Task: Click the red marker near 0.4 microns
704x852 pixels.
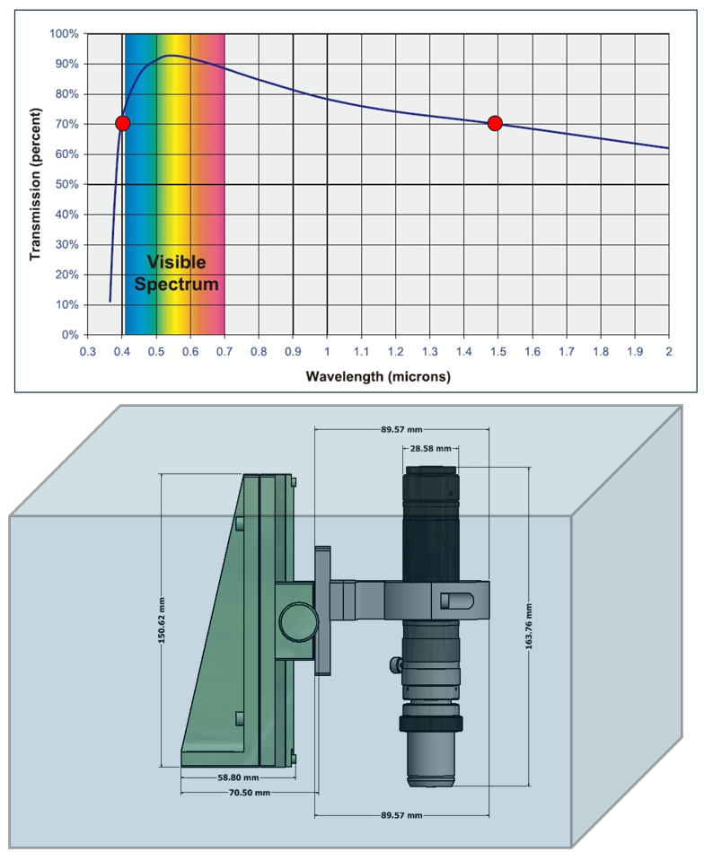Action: pos(122,123)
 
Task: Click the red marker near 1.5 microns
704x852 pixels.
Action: pos(495,123)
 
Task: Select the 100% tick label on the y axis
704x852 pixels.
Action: pos(64,34)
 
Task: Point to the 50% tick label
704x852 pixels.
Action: pos(66,184)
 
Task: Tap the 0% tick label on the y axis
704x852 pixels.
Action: pos(70,335)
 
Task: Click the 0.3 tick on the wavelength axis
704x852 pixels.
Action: pos(87,352)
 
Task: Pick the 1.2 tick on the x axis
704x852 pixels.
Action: pos(396,352)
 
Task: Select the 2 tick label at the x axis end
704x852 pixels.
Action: pos(669,352)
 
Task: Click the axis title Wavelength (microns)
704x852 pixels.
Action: pos(378,376)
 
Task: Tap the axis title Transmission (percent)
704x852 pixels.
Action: pos(35,184)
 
